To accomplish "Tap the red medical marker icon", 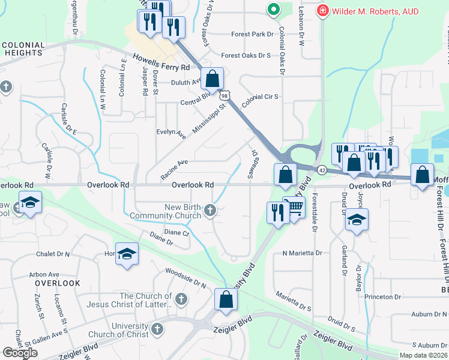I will pos(323,10).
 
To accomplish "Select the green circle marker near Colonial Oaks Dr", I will pos(273,10).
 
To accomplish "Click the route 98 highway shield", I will pos(224,96).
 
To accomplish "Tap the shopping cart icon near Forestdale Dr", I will pos(294,208).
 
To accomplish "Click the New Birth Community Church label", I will pos(172,212).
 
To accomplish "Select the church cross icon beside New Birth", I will pos(209,209).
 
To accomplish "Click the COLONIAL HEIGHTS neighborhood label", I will pos(23,49).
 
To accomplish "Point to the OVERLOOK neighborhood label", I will pos(58,283).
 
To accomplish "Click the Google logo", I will pos(20,353).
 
